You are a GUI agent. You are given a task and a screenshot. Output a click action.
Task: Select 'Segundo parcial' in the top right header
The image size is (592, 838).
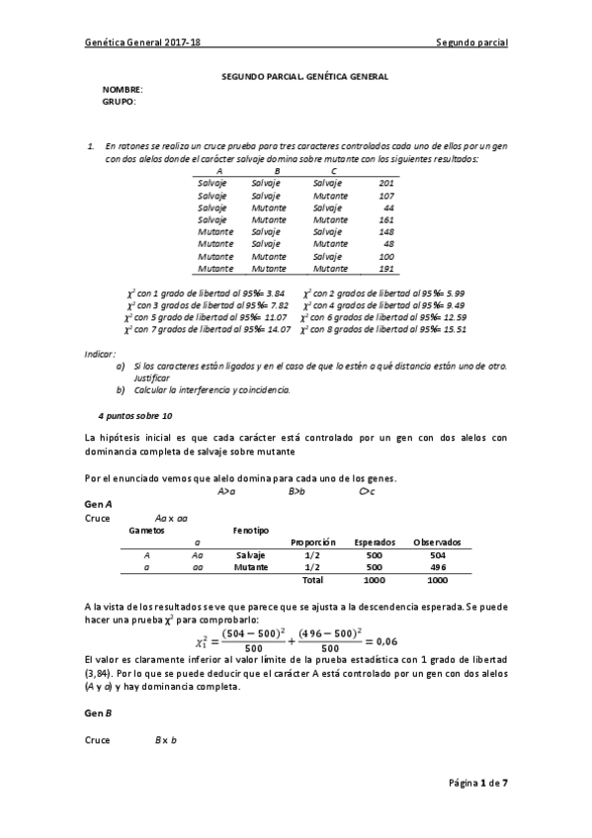[471, 43]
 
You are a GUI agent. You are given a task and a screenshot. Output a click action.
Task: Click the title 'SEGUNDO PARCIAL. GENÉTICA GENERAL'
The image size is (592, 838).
[303, 76]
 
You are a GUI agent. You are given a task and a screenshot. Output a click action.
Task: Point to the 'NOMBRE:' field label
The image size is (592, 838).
[123, 89]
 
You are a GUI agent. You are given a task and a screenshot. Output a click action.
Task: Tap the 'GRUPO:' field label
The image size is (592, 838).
[120, 101]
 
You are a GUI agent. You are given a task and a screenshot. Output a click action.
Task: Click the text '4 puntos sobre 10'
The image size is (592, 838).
[135, 415]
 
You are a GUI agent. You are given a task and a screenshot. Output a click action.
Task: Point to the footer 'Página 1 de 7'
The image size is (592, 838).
[477, 783]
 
